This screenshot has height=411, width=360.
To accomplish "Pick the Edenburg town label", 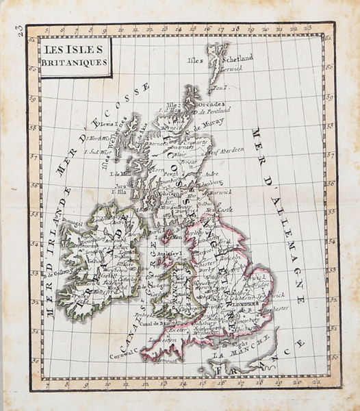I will [x=209, y=184].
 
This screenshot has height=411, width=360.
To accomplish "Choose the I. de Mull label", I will [x=120, y=175].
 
